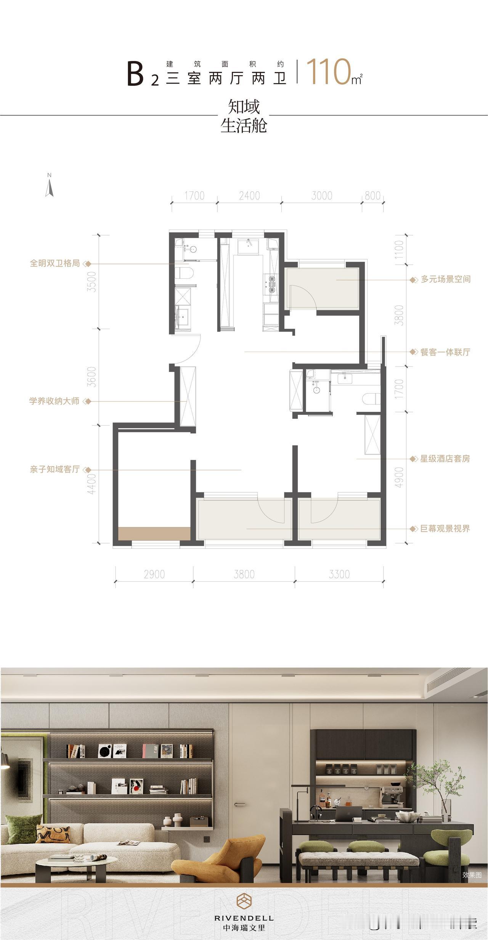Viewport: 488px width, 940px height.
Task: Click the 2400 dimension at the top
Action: coord(249,196)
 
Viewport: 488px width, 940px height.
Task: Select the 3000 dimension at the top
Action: coord(322,196)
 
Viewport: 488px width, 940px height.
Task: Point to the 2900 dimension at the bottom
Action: coord(154,574)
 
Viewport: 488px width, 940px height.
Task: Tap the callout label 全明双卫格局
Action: coord(55,264)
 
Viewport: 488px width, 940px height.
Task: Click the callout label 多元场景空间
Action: coord(445,280)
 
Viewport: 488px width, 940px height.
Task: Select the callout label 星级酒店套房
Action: coord(445,459)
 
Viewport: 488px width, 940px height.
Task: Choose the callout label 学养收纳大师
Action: coord(55,401)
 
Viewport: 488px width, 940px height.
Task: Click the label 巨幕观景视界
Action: coord(445,529)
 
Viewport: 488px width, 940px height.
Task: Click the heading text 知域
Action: coord(244,107)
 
